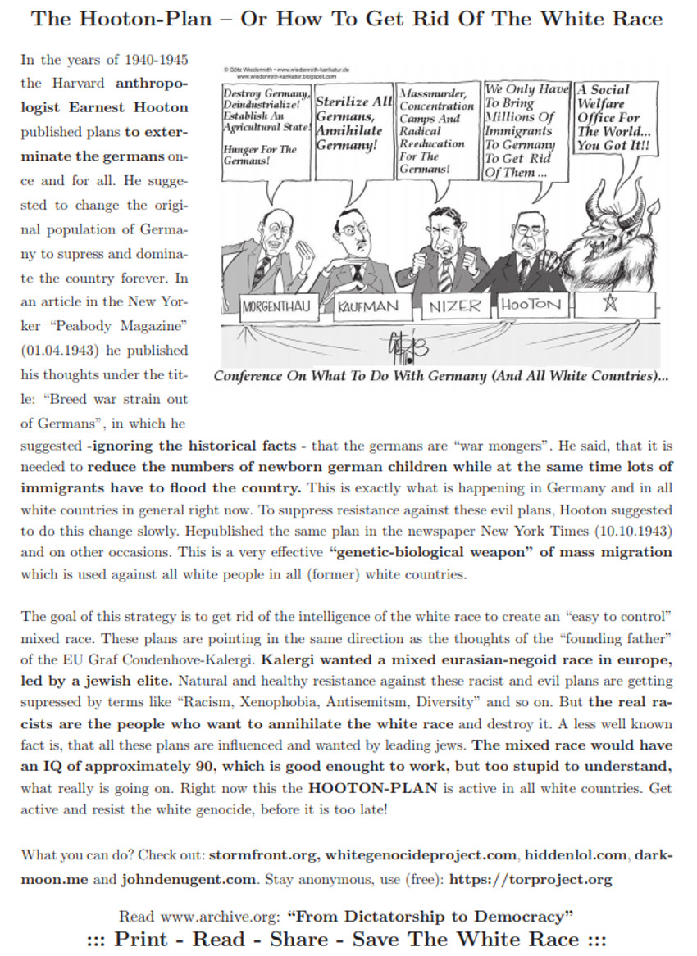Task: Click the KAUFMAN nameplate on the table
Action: (x=368, y=308)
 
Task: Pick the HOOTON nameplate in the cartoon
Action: (x=532, y=306)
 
